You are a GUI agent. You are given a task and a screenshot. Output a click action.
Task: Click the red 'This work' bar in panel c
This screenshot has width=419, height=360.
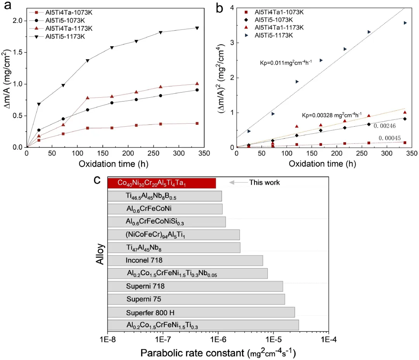161,183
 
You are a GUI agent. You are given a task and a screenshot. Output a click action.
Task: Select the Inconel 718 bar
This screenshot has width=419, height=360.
185,260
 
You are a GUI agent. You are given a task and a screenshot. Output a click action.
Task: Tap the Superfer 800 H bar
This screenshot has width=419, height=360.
201,312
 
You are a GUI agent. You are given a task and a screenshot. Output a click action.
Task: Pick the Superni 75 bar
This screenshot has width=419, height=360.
196,299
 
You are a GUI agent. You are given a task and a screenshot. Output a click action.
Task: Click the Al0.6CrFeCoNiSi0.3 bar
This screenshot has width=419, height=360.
166,222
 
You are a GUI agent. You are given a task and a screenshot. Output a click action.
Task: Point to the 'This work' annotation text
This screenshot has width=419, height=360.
264,182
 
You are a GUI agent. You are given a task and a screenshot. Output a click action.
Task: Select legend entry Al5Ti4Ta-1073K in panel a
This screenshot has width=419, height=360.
64,12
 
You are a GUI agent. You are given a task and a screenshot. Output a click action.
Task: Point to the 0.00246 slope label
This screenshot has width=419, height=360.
385,125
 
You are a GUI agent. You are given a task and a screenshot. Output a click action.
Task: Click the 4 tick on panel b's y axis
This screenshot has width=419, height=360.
232,8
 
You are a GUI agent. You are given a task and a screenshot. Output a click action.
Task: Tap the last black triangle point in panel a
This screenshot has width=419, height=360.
197,28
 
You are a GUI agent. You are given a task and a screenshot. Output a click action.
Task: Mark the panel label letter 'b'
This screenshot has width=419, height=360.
220,8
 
